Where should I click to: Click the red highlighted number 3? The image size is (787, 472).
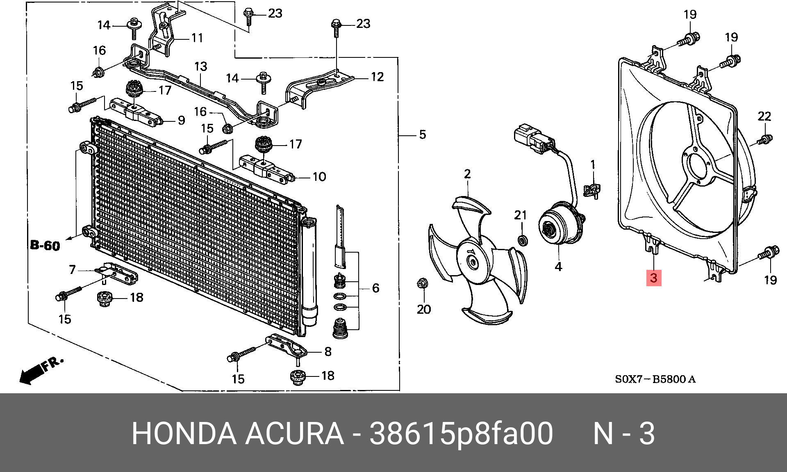[653, 278]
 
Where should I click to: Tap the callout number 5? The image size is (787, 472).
[422, 135]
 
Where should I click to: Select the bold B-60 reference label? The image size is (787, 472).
[45, 246]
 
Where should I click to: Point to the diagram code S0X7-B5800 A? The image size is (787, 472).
[655, 379]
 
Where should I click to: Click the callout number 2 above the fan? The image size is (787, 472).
[467, 174]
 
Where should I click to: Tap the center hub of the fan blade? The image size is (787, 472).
[472, 261]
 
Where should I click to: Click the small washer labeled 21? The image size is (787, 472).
[523, 240]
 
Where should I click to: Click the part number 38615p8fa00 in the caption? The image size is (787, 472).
[461, 434]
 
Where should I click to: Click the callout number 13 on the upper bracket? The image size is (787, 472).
[200, 66]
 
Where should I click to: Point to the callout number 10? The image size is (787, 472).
[319, 177]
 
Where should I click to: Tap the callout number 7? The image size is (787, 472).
[72, 269]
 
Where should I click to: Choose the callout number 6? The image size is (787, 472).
[375, 288]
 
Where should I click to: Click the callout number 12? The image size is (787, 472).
[377, 77]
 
